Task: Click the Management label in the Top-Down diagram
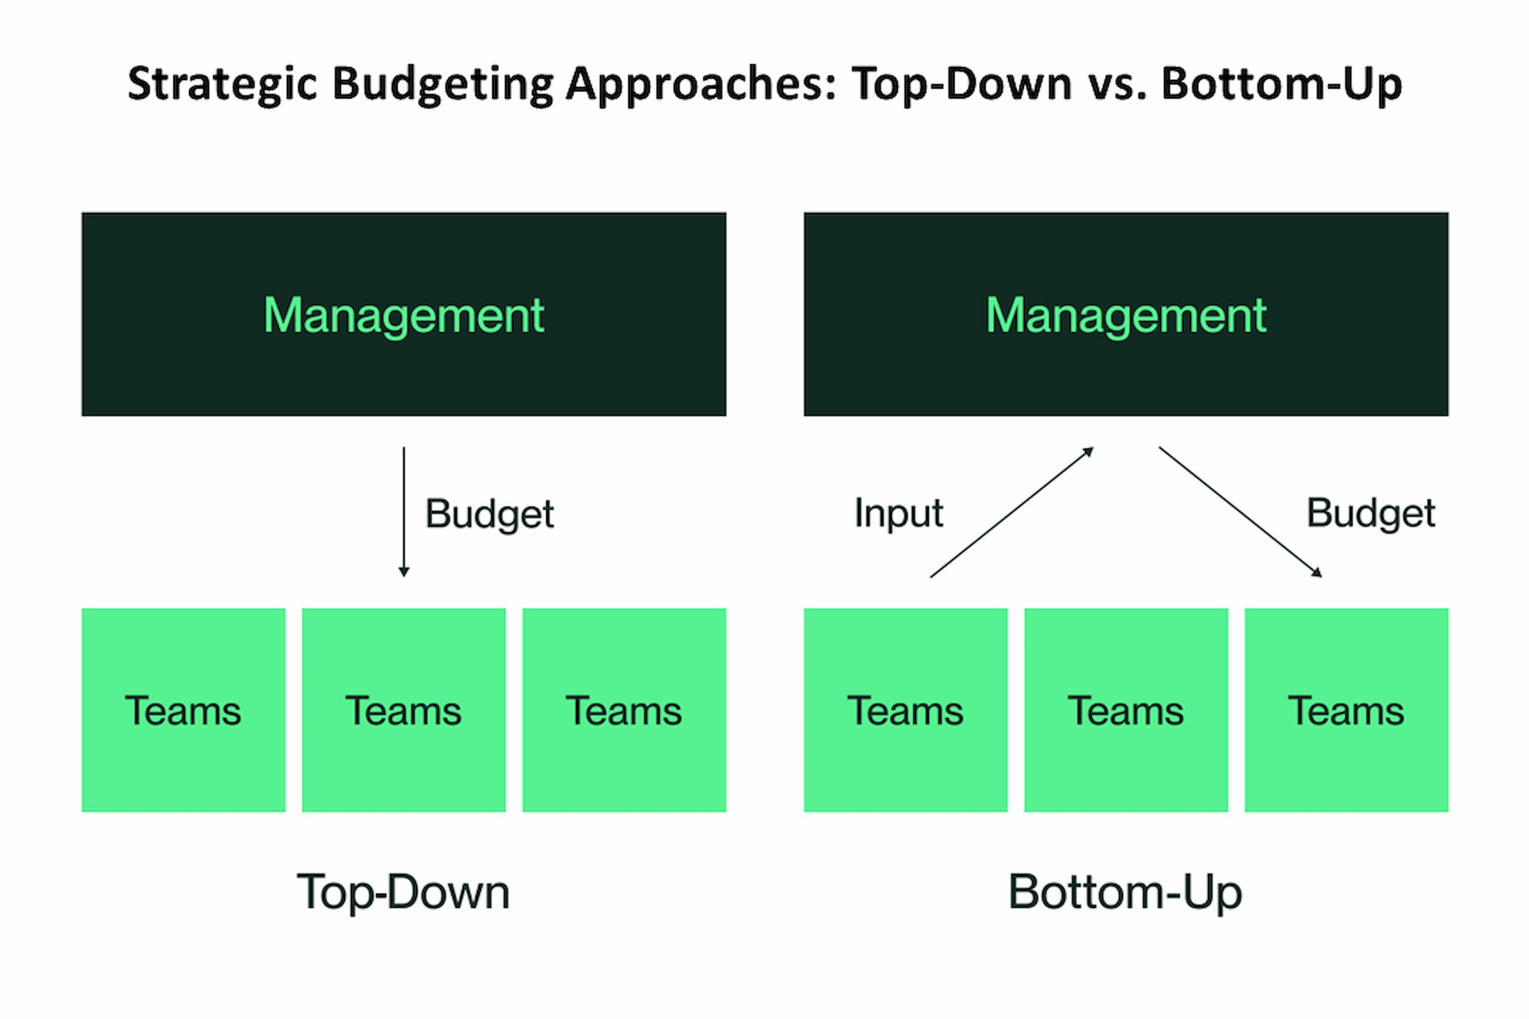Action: tap(403, 315)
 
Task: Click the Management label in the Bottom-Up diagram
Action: tap(1126, 315)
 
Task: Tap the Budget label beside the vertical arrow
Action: tap(489, 514)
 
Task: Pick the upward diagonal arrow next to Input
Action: tap(1011, 512)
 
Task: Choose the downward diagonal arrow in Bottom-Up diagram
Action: tap(1240, 512)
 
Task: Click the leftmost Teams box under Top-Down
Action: tap(183, 710)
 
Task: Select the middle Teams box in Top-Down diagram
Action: tap(403, 710)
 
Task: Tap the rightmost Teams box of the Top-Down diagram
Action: tap(623, 710)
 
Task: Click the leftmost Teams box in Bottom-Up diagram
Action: tap(906, 710)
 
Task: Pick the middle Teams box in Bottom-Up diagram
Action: tap(1126, 710)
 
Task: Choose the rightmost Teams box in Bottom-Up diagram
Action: tap(1346, 710)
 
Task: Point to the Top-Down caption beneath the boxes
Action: tap(403, 892)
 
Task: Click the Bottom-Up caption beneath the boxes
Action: tap(1125, 892)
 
